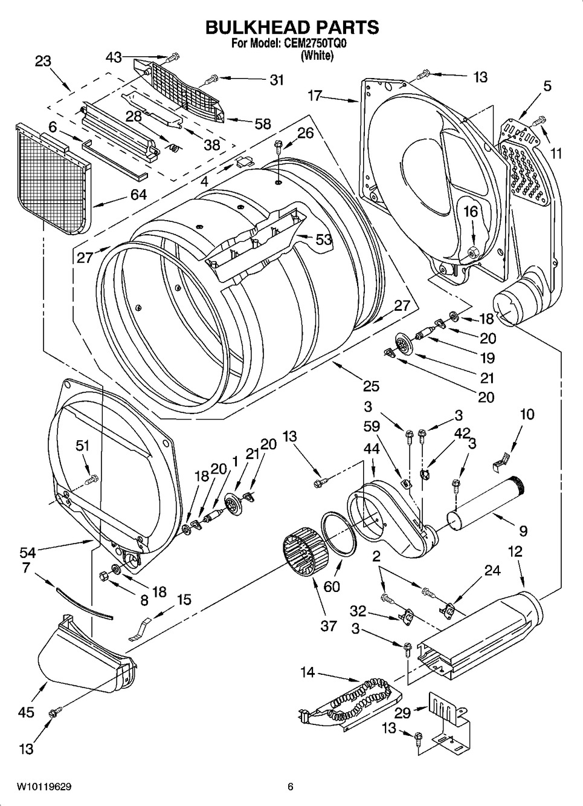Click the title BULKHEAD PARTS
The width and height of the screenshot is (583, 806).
tap(292, 27)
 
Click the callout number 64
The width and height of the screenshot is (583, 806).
tap(138, 195)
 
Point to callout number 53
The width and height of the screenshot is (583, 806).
tap(323, 239)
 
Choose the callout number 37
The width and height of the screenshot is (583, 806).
tap(329, 626)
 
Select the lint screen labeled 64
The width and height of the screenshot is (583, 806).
tap(53, 179)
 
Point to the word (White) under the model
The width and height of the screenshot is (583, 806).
tap(317, 55)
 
